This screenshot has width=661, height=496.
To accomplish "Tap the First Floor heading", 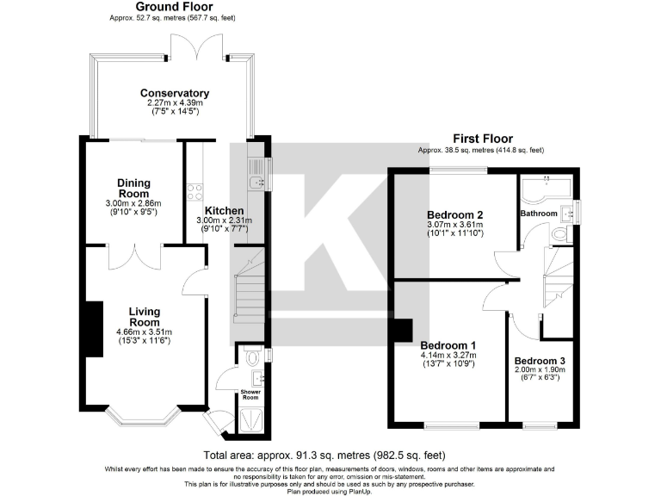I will click(x=482, y=138).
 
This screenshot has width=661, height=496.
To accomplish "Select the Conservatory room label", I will click(x=175, y=94).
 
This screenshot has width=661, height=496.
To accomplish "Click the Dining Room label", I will click(x=134, y=188).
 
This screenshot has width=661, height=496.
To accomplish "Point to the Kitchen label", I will click(x=224, y=211).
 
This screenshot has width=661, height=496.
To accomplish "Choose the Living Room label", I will click(x=145, y=317).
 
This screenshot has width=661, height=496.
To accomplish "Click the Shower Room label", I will click(x=250, y=395).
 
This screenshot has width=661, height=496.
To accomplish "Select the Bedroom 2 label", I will click(x=454, y=215).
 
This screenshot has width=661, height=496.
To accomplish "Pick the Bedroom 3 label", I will click(x=539, y=361).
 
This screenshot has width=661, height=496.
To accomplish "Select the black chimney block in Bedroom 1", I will click(x=401, y=330).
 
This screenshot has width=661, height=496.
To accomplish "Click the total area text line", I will click(x=324, y=455).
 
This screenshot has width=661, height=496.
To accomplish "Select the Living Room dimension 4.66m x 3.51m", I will click(x=144, y=332).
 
